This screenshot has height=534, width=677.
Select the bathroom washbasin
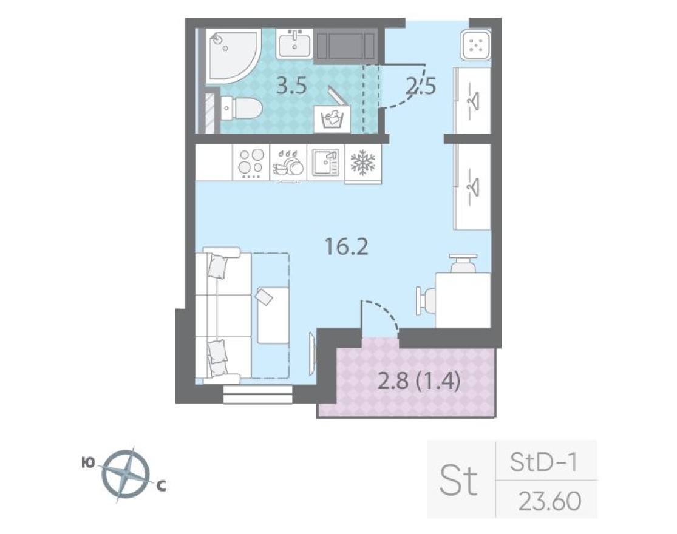pyautogui.click(x=294, y=44)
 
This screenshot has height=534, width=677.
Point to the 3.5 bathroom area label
pyautogui.click(x=291, y=87)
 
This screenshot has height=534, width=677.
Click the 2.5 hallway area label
pyautogui.click(x=421, y=87)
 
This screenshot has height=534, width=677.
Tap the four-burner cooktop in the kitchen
pyautogui.click(x=251, y=162)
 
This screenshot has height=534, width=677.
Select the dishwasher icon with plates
pyautogui.click(x=288, y=163)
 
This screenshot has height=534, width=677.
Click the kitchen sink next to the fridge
pyautogui.click(x=325, y=163)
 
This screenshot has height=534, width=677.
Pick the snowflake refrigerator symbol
pyautogui.click(x=363, y=162)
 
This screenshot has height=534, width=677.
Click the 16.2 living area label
pyautogui.click(x=347, y=247)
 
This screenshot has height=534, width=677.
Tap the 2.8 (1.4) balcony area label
pyautogui.click(x=420, y=382)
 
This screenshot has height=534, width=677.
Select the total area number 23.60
pyautogui.click(x=550, y=501)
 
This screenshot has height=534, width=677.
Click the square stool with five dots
pyautogui.click(x=475, y=44)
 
